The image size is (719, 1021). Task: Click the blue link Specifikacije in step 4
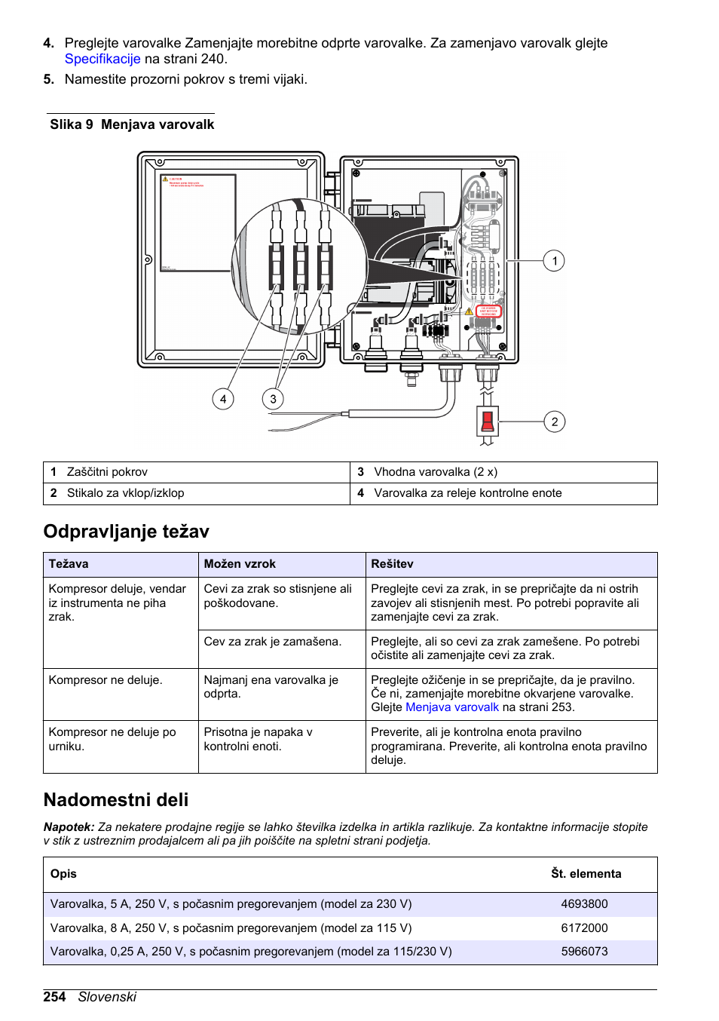point(102,60)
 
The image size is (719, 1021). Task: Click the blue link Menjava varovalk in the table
point(451,707)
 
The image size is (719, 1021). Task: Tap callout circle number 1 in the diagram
point(554,261)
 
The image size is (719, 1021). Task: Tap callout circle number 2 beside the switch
point(554,422)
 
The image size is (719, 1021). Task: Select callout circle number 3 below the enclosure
point(273,399)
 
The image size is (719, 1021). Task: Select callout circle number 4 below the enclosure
point(223,399)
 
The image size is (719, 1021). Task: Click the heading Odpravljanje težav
point(127,532)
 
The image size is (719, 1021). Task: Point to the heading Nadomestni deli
point(116,800)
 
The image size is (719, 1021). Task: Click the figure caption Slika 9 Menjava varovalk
point(132,124)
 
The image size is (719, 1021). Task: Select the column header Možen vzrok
point(240,564)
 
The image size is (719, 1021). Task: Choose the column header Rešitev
point(392,564)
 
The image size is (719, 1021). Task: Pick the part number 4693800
point(584,904)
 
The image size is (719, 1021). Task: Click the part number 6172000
point(584,928)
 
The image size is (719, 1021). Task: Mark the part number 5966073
point(584,952)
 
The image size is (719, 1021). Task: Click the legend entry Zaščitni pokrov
point(107,472)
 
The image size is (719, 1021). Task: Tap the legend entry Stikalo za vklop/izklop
point(125,493)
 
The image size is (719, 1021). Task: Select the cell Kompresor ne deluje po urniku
point(112,739)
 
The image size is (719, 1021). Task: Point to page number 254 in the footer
point(54,997)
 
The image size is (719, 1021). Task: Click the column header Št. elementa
point(586,874)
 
